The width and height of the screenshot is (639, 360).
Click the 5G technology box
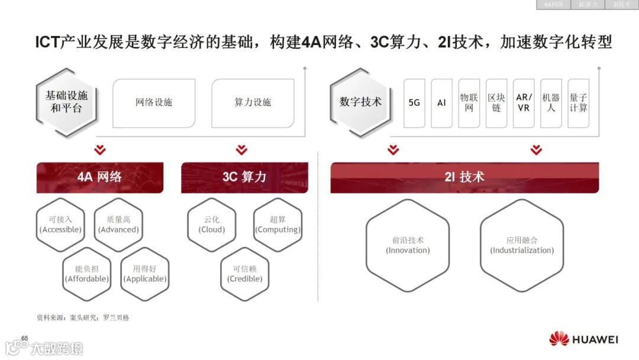414,103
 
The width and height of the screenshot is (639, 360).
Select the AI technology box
441,103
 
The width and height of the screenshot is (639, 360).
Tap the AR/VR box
524,103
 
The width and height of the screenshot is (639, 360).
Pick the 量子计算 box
578,103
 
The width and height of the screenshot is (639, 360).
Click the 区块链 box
496,103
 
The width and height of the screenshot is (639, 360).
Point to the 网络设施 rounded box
154,103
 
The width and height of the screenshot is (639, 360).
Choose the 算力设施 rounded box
253,103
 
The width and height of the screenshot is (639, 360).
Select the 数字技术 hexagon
360,102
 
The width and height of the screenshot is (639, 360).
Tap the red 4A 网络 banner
99,177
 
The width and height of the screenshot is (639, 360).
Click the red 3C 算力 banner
244,177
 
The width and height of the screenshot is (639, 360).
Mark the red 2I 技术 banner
464,177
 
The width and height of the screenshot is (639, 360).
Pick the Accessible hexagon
60,224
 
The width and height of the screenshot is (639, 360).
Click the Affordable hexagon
87,274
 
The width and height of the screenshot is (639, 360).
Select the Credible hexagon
245,274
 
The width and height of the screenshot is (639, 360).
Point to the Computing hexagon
277,224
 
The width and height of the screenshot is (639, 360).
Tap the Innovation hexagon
408,245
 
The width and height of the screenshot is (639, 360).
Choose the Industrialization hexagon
522,245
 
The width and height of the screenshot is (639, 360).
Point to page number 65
25,338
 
